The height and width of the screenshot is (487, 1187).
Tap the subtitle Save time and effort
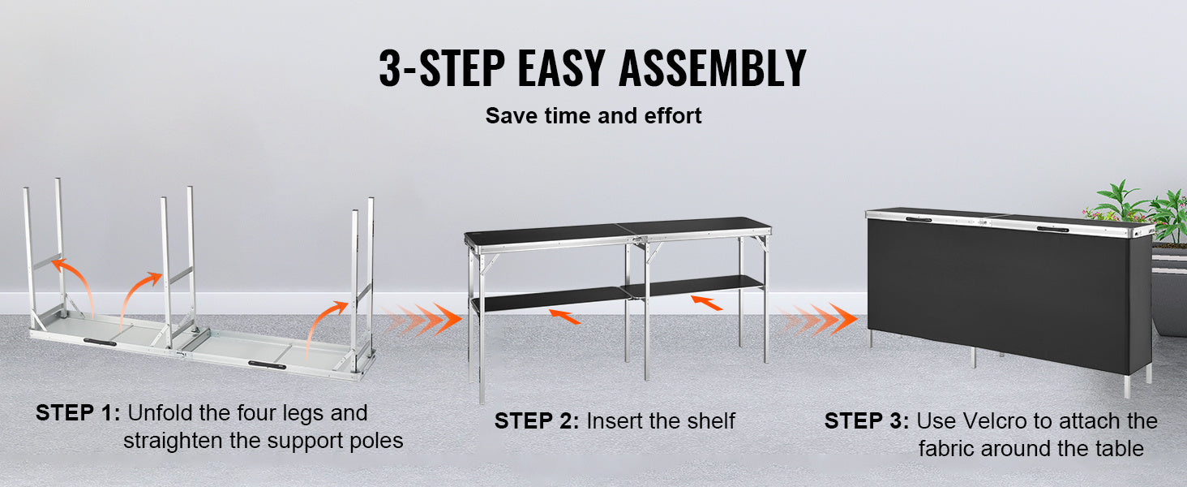click(x=593, y=116)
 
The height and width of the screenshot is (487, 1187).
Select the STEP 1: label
click(x=78, y=413)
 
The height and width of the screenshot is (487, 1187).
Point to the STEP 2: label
click(x=537, y=421)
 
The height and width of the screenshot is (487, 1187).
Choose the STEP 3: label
click(x=867, y=421)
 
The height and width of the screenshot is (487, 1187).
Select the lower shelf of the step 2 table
click(x=616, y=294)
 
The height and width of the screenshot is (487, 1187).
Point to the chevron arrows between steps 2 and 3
click(x=817, y=319)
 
